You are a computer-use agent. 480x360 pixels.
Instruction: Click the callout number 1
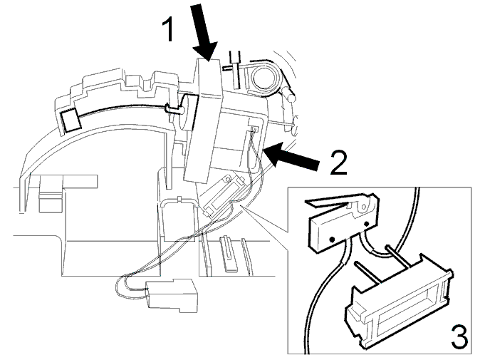(x=169, y=29)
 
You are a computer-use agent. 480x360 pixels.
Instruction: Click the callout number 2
(x=338, y=163)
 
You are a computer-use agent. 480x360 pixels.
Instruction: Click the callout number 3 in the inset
(x=459, y=337)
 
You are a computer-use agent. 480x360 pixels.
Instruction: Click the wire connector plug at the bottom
(x=172, y=295)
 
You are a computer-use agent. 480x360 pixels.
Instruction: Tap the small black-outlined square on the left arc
(x=71, y=120)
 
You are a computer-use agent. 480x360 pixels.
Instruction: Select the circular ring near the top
(x=264, y=77)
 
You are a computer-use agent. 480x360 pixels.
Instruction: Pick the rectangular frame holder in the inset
(x=399, y=302)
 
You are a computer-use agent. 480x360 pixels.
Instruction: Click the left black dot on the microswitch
(x=331, y=239)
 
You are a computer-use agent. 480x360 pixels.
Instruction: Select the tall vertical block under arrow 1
(x=203, y=120)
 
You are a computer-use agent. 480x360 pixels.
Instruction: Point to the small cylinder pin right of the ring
(x=288, y=94)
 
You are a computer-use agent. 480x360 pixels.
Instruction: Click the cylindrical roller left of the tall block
(x=187, y=113)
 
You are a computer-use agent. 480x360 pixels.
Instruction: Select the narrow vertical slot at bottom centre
(x=230, y=253)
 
